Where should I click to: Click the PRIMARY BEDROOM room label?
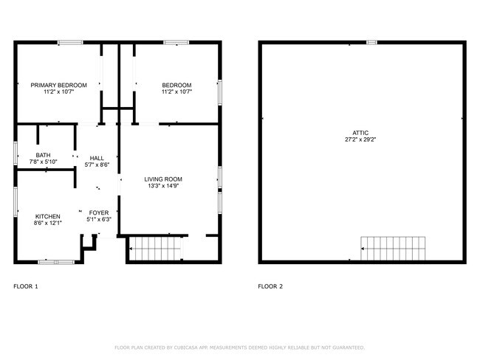[58, 86]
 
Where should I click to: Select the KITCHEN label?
[47, 216]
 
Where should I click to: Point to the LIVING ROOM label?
[162, 179]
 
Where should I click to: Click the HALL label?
[97, 158]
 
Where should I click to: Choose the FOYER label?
[99, 212]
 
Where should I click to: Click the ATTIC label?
[360, 133]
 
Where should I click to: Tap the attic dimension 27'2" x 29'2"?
[360, 139]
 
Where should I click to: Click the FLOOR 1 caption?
[26, 286]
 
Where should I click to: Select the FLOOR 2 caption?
[270, 286]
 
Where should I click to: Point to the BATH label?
[43, 155]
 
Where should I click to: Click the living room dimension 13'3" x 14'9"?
[162, 186]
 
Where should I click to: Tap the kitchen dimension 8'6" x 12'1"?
[47, 223]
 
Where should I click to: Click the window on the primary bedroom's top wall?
[70, 43]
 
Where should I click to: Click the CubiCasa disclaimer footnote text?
[239, 347]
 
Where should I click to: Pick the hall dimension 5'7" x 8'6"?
[97, 165]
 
